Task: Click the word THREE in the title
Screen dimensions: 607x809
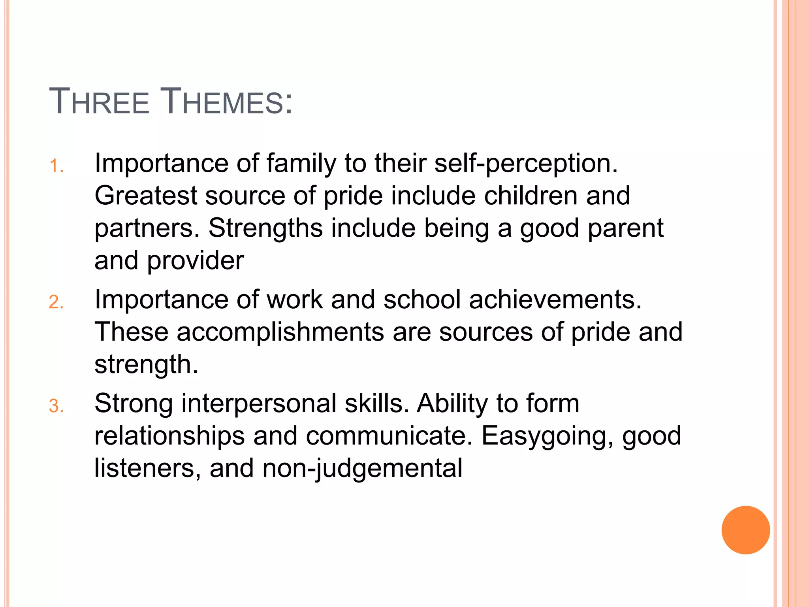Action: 99,102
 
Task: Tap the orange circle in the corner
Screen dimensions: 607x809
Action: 745,530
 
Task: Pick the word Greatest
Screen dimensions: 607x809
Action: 146,196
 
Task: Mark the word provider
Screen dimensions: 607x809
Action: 196,261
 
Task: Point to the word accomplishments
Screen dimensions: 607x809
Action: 280,332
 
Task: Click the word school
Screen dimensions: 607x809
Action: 422,300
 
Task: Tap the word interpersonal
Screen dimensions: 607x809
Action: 259,403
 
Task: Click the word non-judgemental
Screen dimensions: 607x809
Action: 362,469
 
